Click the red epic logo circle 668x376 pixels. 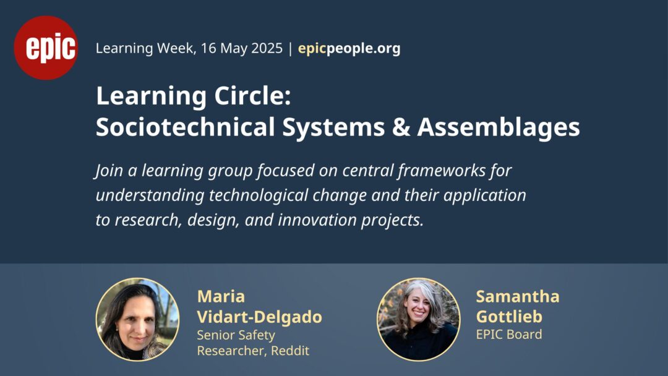[46, 48]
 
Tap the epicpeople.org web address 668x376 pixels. [349, 48]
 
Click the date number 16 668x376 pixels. [209, 48]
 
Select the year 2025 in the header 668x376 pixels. [267, 48]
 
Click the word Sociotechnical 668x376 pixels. [186, 127]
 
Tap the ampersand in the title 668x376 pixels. [400, 127]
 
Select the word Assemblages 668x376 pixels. [499, 127]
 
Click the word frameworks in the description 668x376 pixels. [442, 170]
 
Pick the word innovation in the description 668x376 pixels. [317, 220]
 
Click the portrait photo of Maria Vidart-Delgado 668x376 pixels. [137, 319]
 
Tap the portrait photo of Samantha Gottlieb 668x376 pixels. [418, 319]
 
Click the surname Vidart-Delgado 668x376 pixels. [259, 317]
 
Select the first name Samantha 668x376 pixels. [518, 296]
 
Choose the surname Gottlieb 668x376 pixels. [509, 317]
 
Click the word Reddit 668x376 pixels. [290, 351]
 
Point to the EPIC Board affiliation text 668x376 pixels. [509, 335]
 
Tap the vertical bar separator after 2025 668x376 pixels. [291, 48]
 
